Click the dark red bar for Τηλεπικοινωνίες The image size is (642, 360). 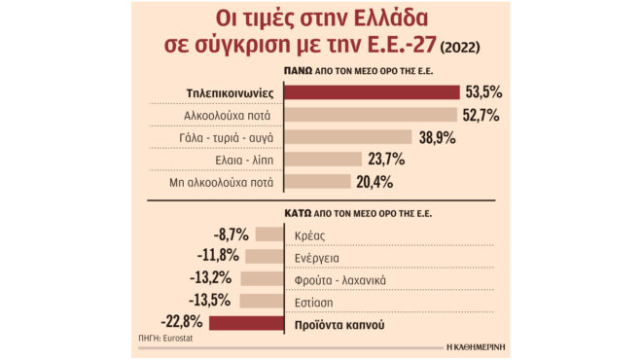372,92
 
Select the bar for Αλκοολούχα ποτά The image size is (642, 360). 371,115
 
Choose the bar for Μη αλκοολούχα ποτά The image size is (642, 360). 316,182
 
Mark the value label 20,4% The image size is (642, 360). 374,182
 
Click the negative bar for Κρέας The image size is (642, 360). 269,234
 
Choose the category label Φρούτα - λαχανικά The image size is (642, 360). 340,279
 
